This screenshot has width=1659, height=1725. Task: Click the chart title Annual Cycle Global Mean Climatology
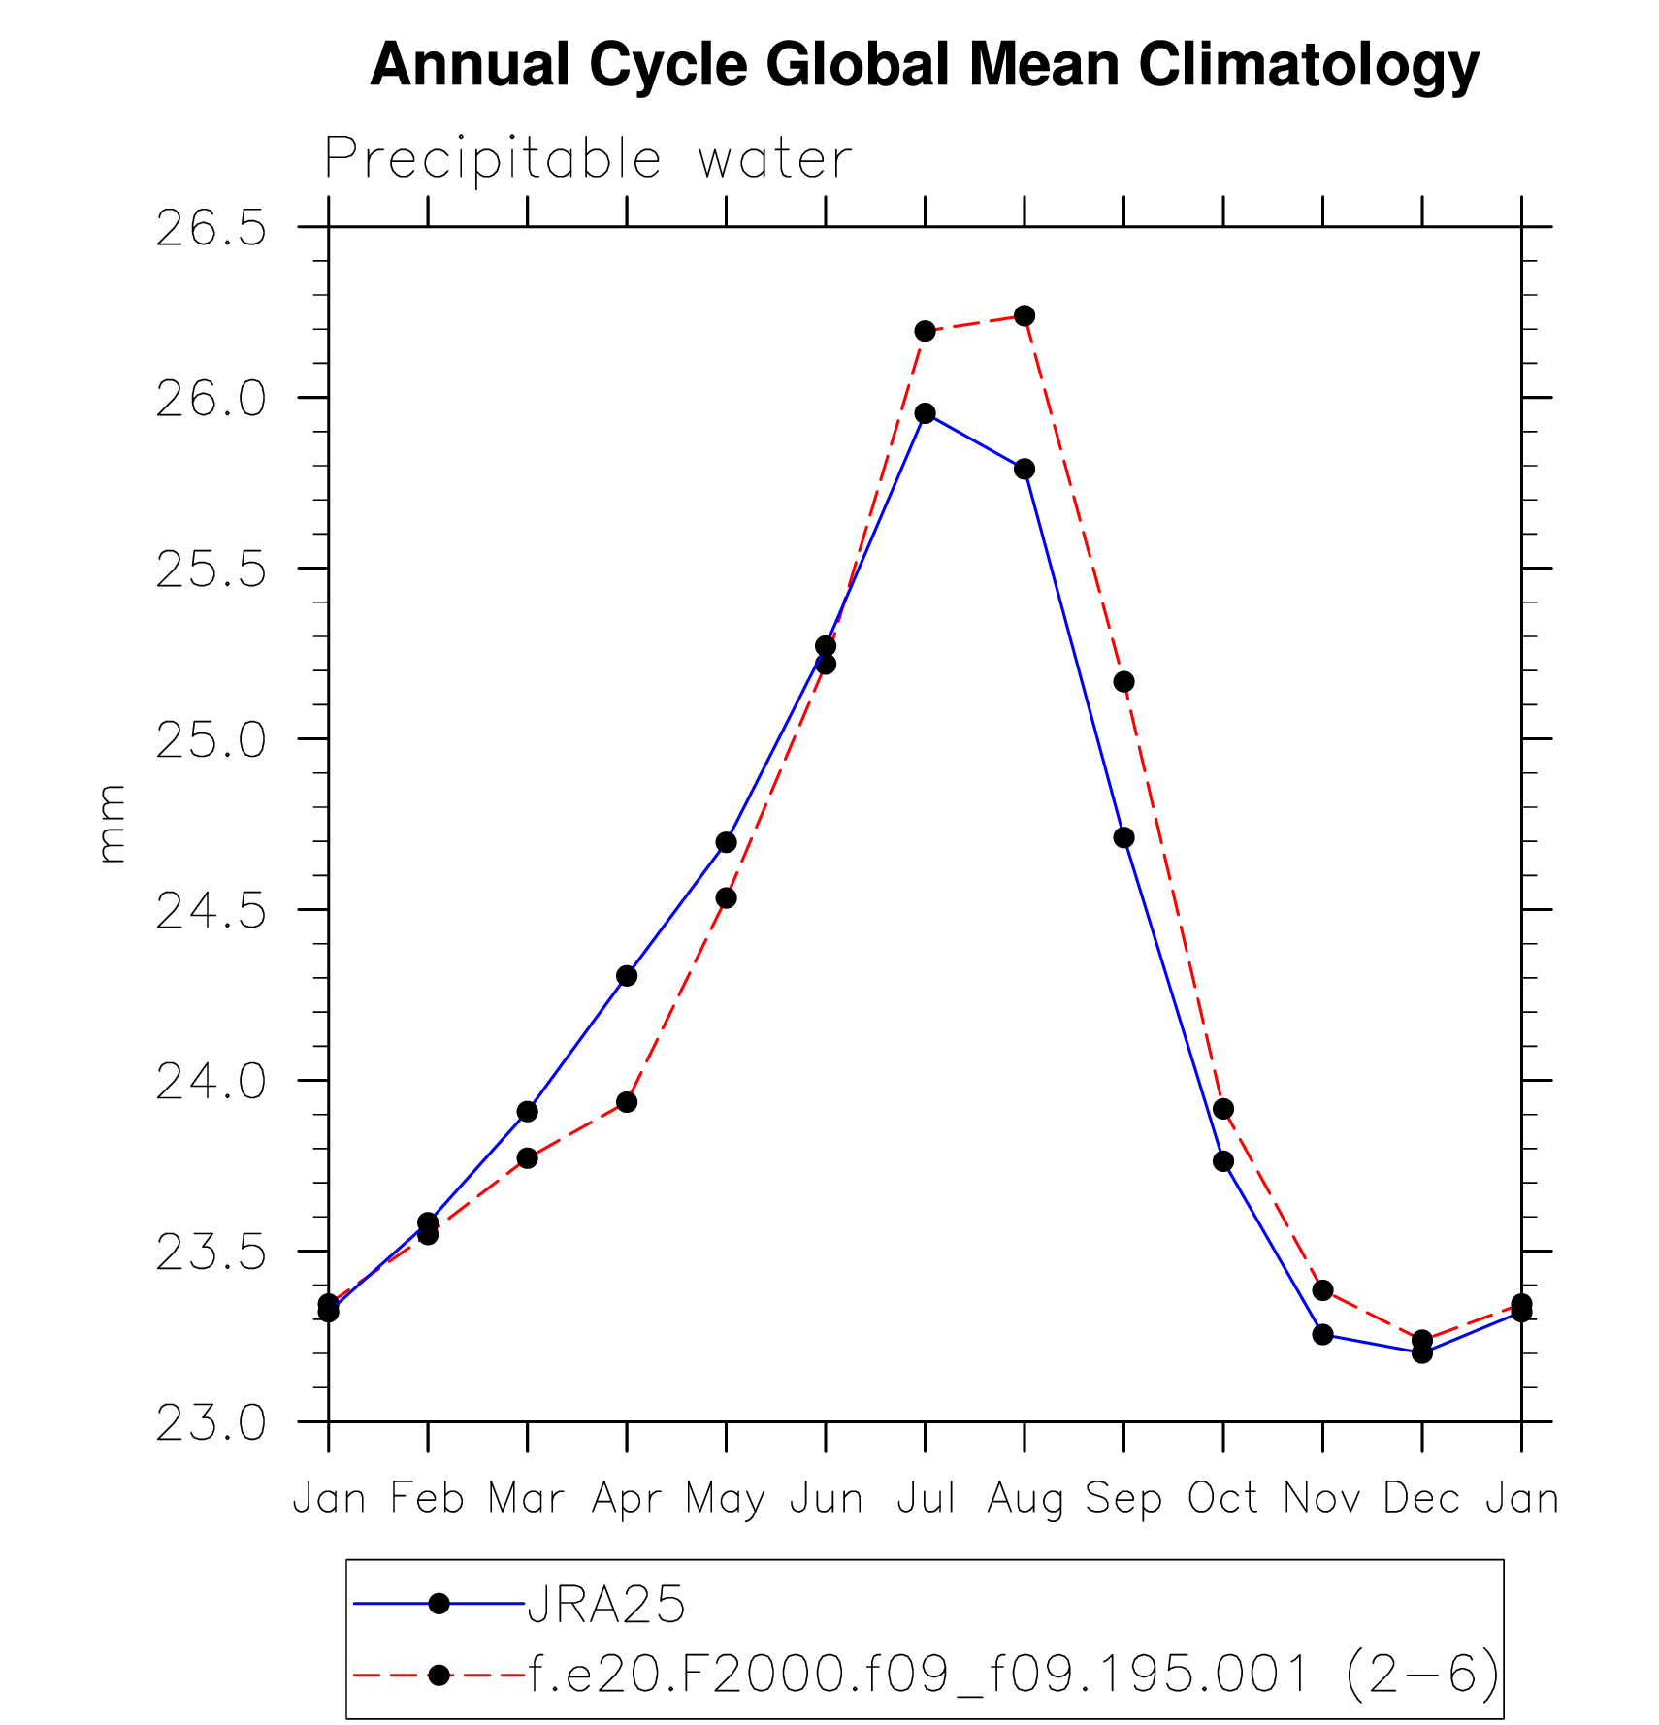tap(924, 66)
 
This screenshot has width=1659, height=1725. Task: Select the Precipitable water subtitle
tap(588, 159)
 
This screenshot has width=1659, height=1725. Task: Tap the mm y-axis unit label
tap(112, 824)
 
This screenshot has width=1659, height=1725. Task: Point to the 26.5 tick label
tap(211, 229)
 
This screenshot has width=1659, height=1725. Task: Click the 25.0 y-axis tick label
tap(211, 741)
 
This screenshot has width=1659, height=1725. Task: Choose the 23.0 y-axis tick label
tap(211, 1424)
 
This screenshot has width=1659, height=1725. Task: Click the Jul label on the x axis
tap(926, 1499)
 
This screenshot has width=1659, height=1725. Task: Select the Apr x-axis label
tap(627, 1499)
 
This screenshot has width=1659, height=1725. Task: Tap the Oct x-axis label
tap(1223, 1499)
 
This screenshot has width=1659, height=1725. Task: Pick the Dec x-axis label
tap(1421, 1499)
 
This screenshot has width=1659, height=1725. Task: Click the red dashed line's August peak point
tap(1025, 316)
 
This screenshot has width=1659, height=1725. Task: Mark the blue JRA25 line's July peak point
tap(926, 413)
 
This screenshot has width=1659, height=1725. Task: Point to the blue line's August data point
tap(1025, 470)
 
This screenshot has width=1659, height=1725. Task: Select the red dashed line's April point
tap(627, 1102)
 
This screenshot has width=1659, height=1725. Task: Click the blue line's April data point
tap(627, 976)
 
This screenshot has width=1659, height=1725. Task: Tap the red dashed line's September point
tap(1123, 682)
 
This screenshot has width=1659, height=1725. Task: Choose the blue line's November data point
tap(1322, 1334)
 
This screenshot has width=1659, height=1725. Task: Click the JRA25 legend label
tap(606, 1605)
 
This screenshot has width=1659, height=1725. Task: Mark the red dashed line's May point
tap(726, 898)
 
